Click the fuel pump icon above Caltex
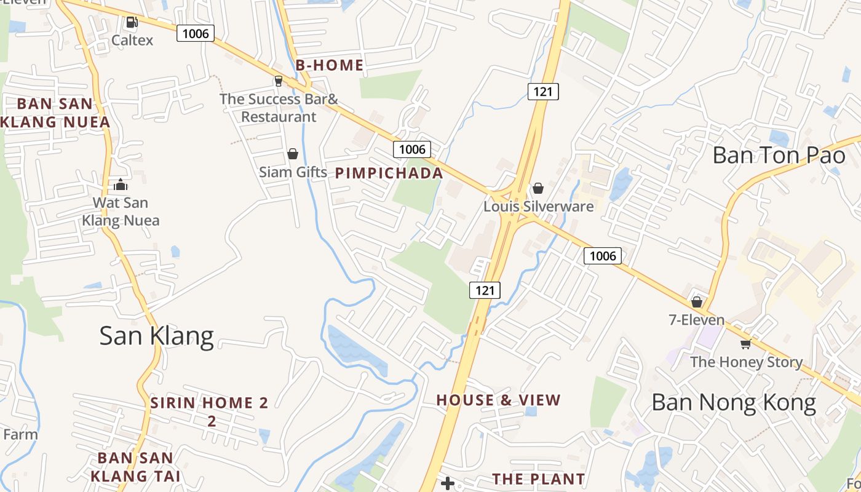[132, 23]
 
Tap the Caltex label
[132, 40]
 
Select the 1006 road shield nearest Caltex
[196, 33]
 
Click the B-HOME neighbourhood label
[329, 65]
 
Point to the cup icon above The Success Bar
[278, 81]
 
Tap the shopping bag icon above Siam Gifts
[293, 154]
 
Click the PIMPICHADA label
[389, 173]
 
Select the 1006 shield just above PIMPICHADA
[412, 149]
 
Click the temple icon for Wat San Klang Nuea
[121, 184]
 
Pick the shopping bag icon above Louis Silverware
[538, 188]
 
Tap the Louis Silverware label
[538, 206]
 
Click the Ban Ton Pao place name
[779, 155]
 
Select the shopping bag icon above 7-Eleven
[697, 302]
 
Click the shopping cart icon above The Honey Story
[746, 344]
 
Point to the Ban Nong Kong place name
[733, 403]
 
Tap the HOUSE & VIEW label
[498, 400]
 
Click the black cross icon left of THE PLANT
[448, 483]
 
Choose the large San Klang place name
[156, 336]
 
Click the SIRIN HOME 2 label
[210, 403]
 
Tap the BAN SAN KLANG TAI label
[135, 466]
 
